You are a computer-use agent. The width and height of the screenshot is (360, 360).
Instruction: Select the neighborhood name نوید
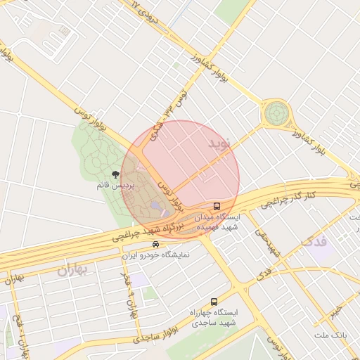point(219,143)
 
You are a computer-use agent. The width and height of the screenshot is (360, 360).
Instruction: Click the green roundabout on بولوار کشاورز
point(276,112)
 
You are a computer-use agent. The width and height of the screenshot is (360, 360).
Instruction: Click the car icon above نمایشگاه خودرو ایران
point(155,245)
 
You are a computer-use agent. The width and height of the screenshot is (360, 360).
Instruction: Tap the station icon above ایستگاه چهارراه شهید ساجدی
point(214,301)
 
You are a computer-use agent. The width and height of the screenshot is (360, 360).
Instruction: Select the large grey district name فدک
point(314,243)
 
